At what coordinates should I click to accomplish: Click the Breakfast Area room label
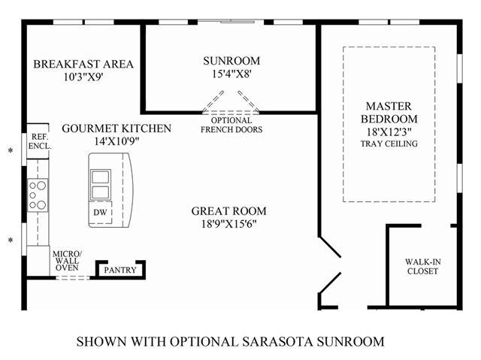click(x=83, y=64)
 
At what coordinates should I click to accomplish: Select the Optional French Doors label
click(x=231, y=125)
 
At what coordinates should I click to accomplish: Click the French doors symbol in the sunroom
click(x=231, y=101)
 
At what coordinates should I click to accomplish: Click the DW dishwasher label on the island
click(x=100, y=213)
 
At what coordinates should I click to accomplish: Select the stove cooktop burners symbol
click(x=38, y=195)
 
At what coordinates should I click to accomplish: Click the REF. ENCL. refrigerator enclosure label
click(x=38, y=142)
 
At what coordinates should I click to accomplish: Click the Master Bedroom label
click(x=391, y=113)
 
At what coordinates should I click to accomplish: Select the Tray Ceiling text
click(x=391, y=144)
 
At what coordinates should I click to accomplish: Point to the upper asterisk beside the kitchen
click(x=11, y=151)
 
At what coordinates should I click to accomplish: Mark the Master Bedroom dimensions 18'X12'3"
click(x=391, y=132)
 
